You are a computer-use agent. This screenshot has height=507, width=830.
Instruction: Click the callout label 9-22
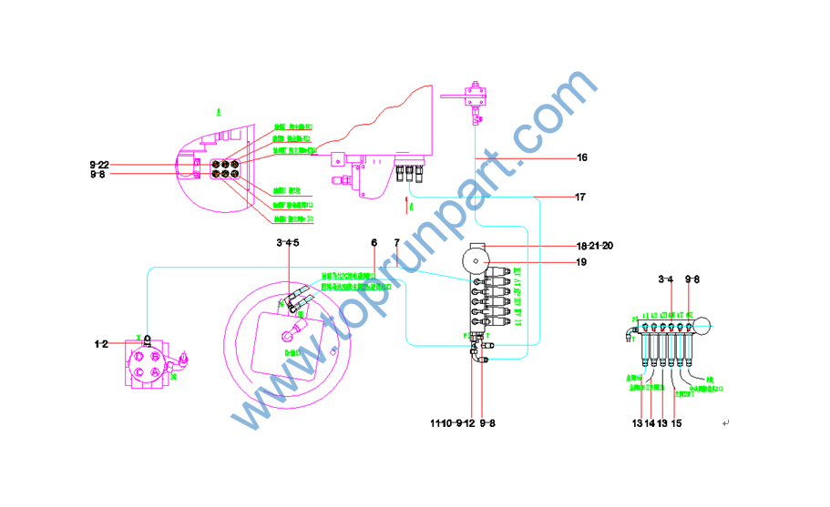98,164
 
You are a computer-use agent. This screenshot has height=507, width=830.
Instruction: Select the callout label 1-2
101,344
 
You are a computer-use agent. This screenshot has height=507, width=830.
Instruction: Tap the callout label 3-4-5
288,243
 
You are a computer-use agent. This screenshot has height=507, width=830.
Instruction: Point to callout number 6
374,243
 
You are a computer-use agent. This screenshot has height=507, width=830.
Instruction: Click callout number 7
397,243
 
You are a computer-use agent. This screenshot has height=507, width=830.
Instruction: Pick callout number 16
581,157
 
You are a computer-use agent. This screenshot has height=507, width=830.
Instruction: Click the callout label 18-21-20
594,246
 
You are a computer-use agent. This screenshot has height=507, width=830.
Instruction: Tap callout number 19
581,263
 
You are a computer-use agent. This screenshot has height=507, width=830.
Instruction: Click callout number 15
676,423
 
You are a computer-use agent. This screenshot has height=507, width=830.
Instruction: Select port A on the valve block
155,371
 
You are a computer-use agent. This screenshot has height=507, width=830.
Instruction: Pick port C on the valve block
139,371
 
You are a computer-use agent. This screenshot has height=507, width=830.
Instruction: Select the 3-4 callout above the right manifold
665,279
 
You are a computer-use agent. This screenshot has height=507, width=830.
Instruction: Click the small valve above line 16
472,94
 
